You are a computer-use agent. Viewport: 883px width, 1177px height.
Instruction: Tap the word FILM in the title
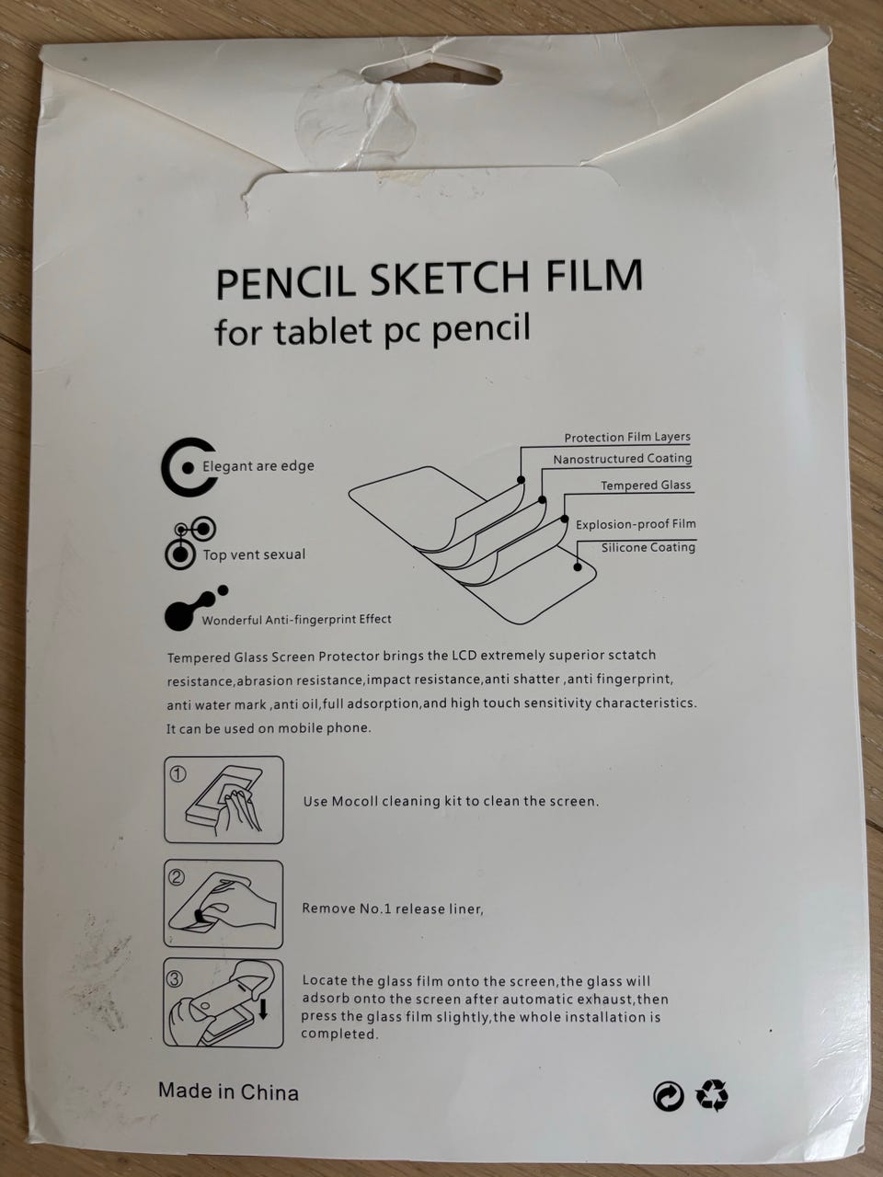(594, 275)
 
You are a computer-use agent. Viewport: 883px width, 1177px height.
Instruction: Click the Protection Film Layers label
(627, 437)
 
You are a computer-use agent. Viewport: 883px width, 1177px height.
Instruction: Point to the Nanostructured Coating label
(623, 459)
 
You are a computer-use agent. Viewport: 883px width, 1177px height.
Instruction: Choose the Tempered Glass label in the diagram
(646, 486)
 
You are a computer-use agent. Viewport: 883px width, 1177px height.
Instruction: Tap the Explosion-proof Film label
(636, 524)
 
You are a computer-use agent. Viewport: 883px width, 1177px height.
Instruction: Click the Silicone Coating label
(648, 547)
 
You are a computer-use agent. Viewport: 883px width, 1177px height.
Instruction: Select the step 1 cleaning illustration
(224, 799)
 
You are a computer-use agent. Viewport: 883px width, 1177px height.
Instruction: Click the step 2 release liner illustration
(223, 905)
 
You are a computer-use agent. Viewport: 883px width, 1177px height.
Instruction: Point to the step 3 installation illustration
(223, 1002)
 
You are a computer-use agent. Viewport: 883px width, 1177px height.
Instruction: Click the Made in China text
(228, 1091)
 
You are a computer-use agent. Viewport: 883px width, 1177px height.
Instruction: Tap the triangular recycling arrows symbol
(712, 1094)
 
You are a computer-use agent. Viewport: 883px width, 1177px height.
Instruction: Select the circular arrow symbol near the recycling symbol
(669, 1096)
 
